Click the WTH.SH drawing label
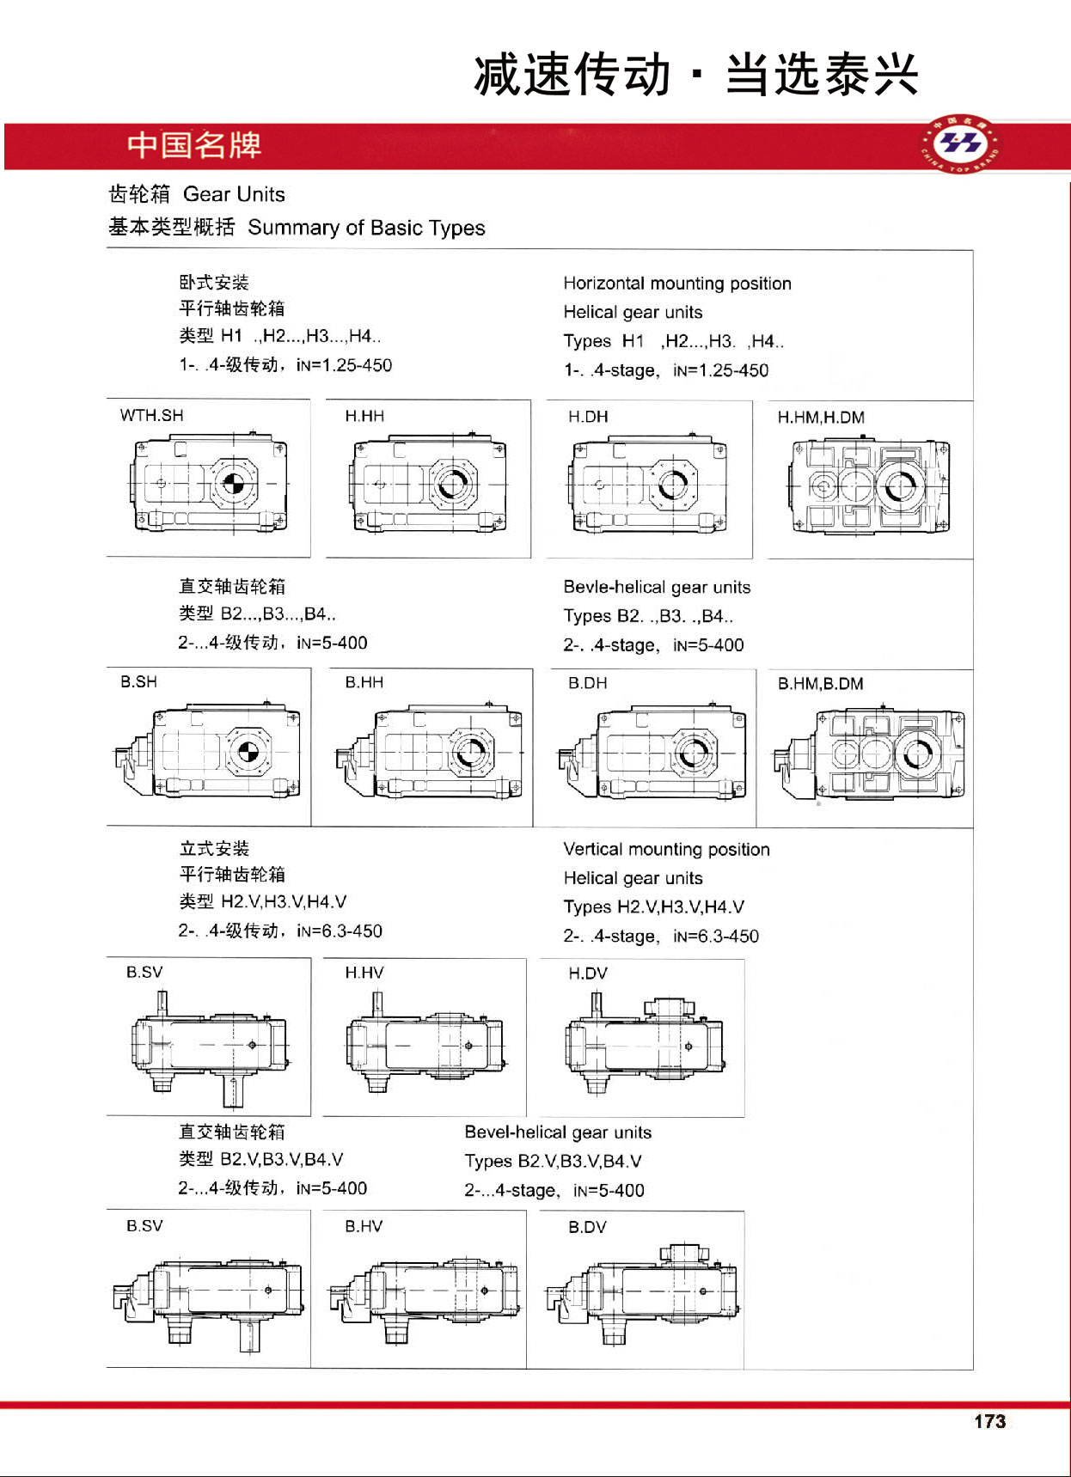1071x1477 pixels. click(152, 416)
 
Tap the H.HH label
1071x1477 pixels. click(364, 417)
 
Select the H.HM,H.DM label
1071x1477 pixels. click(821, 418)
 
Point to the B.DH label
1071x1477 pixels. click(588, 683)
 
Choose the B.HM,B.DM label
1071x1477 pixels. click(821, 684)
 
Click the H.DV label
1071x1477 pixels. click(588, 973)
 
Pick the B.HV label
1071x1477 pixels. click(364, 1226)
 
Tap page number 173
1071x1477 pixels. click(989, 1421)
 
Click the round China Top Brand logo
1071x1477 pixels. click(961, 143)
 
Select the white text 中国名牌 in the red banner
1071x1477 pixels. click(194, 145)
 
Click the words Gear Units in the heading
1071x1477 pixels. click(234, 194)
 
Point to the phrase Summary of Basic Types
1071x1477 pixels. click(366, 228)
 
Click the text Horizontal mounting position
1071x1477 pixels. click(677, 284)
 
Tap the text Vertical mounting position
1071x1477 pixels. click(666, 850)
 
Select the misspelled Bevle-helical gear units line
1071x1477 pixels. click(657, 588)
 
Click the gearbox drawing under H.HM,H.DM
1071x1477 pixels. click(869, 486)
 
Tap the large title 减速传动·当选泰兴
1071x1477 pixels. click(696, 75)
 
